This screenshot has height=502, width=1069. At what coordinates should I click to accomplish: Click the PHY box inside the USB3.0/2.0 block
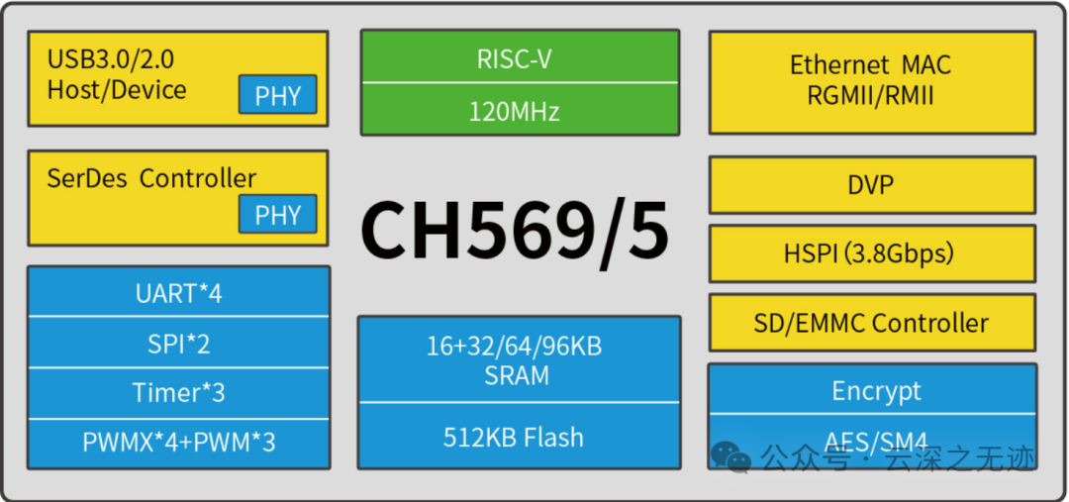277,95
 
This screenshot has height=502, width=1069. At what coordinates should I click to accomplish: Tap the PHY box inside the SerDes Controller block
277,214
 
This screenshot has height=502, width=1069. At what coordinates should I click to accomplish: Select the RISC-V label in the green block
519,58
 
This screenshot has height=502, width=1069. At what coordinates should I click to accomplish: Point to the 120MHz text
519,110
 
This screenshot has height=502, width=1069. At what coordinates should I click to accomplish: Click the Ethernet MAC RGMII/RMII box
871,81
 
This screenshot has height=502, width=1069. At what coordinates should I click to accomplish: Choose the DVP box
871,184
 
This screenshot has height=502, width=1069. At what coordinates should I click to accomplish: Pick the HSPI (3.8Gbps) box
871,253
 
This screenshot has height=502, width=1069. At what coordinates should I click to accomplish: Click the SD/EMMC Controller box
871,323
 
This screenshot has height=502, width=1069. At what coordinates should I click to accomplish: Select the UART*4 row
178,293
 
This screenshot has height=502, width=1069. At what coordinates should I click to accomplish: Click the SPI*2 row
178,343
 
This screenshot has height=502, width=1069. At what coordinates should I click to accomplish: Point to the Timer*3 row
178,392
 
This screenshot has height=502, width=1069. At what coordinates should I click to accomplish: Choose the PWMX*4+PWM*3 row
178,442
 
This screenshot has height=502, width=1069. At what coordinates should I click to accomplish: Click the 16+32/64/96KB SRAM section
519,360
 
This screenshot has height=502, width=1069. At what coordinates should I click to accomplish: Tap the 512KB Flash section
519,437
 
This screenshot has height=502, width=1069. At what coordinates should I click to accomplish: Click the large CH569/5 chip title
515,230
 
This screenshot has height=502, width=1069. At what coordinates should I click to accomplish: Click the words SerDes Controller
151,178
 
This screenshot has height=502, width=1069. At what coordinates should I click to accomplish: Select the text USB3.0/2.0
111,59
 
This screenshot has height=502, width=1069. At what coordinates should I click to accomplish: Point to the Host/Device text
117,89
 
